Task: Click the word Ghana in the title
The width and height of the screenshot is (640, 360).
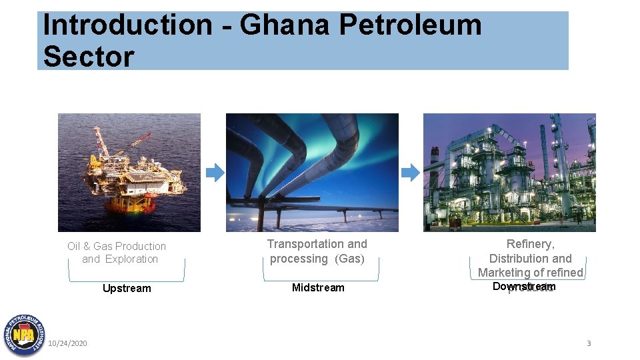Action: tap(284, 25)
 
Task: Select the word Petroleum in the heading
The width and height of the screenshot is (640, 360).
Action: tap(410, 25)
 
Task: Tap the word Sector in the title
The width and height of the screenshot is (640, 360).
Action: tap(88, 57)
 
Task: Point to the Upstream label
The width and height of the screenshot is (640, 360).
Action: tap(127, 289)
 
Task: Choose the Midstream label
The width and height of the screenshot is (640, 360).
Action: tap(318, 288)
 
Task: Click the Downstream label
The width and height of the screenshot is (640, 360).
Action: tap(523, 287)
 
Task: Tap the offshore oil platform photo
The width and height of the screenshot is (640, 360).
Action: tap(129, 172)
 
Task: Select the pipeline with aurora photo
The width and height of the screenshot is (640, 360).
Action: tap(312, 172)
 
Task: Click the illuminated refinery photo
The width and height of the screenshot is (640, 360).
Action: tap(509, 172)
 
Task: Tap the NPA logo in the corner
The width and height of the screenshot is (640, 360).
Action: tap(23, 335)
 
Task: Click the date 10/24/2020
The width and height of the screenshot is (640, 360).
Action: tap(67, 343)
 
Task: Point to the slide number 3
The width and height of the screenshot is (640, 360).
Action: tap(589, 343)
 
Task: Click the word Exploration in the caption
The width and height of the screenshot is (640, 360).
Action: tap(132, 259)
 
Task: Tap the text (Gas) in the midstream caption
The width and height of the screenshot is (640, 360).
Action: tap(350, 259)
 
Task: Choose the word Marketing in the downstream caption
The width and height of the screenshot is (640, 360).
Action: tap(504, 272)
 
